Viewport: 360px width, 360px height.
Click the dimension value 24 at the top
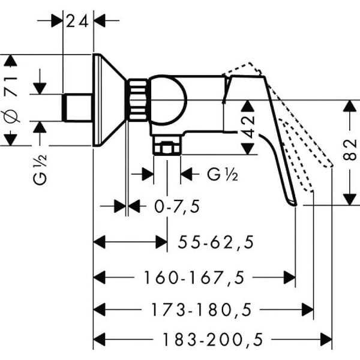[77, 22]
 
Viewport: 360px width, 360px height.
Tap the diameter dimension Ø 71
[12, 100]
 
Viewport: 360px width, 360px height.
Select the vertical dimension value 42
[248, 127]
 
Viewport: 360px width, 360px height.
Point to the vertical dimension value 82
[350, 150]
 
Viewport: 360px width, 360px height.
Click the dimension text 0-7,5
[177, 206]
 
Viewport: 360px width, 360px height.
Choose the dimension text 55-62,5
[216, 242]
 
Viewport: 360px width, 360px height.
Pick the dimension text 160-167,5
[194, 278]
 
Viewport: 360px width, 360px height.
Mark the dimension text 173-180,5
[201, 310]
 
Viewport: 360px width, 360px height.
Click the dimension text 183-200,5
[212, 340]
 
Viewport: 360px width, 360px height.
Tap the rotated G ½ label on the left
[40, 169]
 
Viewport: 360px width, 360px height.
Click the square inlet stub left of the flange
[77, 107]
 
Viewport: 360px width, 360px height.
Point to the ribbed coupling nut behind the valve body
[137, 100]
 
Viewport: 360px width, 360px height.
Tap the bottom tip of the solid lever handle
[295, 205]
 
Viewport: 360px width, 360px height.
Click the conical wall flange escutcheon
[109, 100]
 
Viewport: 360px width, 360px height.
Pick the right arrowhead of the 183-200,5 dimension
[326, 340]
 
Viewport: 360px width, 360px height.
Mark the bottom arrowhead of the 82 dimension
[349, 199]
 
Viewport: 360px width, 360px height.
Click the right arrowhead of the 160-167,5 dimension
[290, 277]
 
